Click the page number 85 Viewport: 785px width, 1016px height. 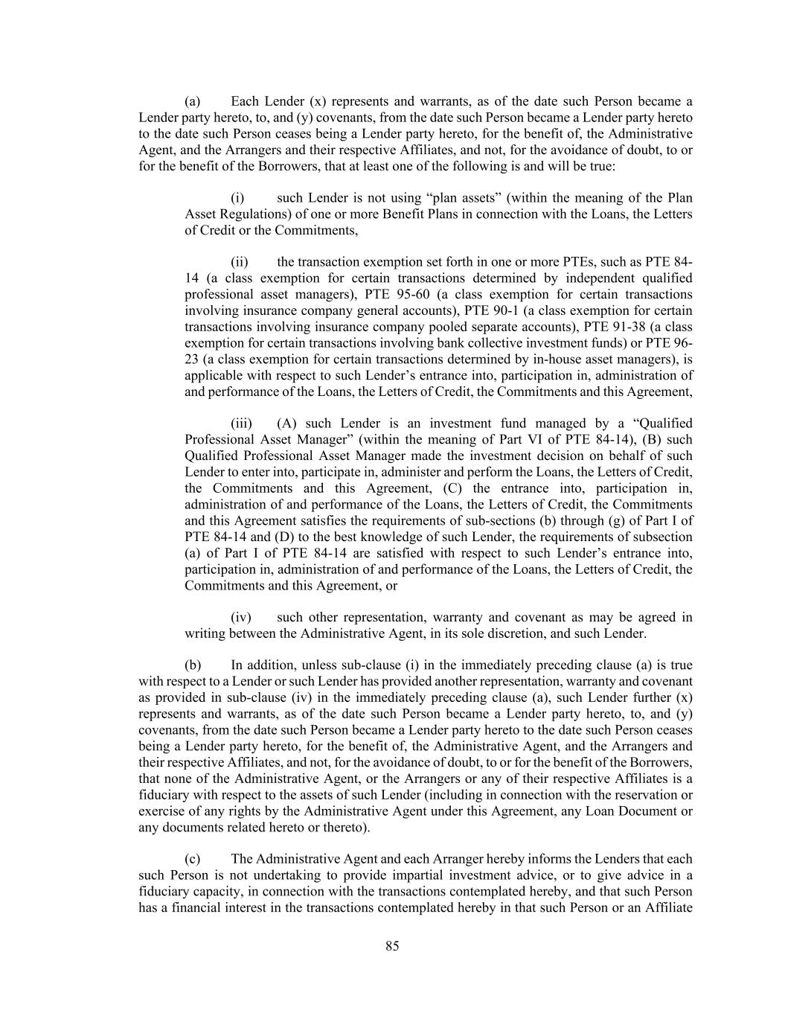pos(392,946)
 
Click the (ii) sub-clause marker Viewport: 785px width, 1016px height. pos(240,262)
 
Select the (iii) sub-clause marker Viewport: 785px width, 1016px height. pos(241,424)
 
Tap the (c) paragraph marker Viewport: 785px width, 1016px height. pos(192,859)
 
